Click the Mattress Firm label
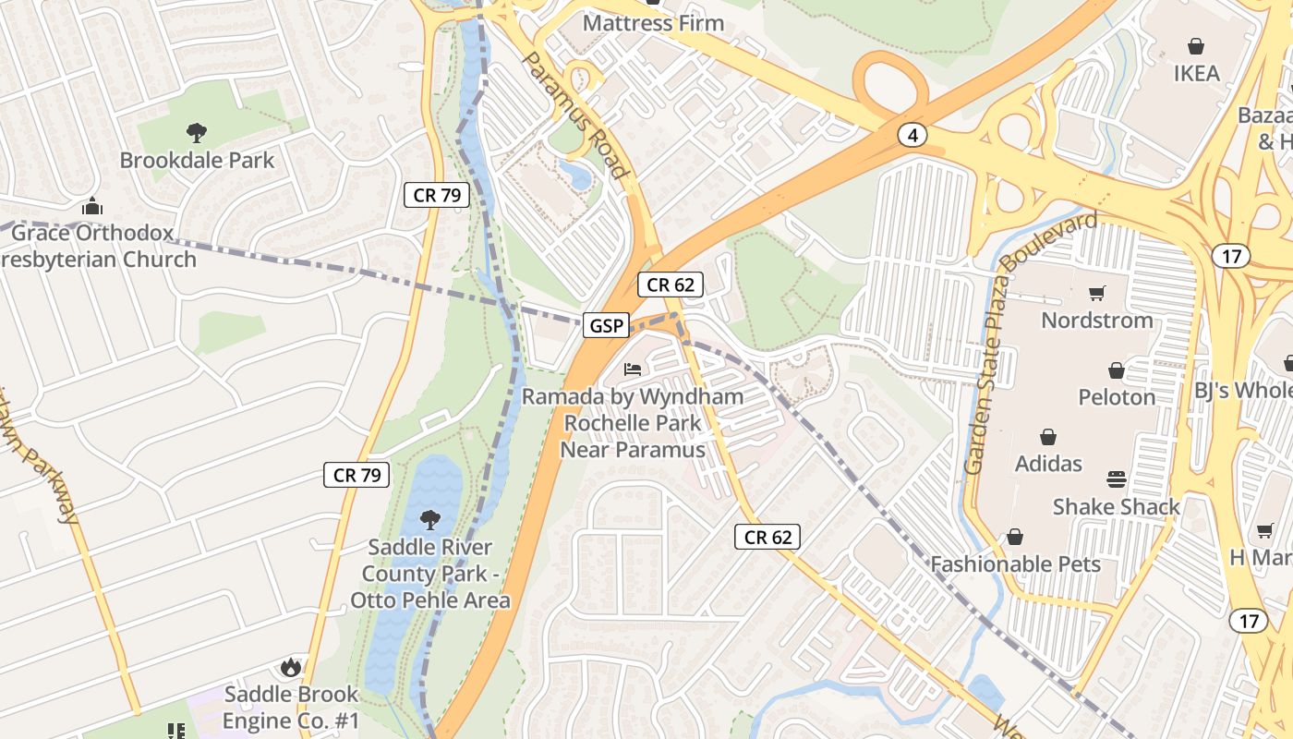[653, 22]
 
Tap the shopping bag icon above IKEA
[1196, 46]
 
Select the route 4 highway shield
[912, 136]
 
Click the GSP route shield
[606, 325]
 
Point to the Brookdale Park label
[197, 160]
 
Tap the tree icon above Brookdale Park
[196, 132]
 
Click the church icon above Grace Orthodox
[91, 205]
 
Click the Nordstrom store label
[1097, 321]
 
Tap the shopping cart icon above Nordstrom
[1097, 294]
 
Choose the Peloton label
[1117, 397]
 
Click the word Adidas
[1048, 463]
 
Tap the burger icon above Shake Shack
[1117, 479]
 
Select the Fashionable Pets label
[1015, 563]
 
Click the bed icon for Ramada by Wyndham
[633, 369]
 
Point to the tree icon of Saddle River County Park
[429, 520]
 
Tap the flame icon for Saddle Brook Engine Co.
[290, 667]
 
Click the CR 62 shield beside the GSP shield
[671, 285]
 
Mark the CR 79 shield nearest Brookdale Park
[437, 195]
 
